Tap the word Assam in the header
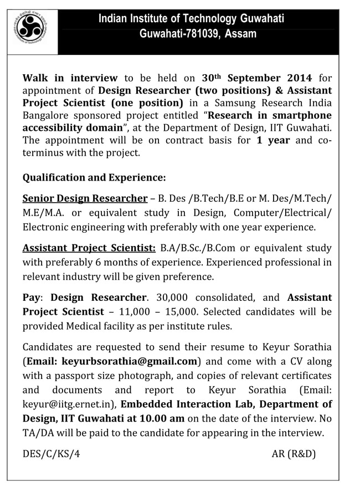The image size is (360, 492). [241, 34]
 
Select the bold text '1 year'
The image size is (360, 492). [274, 140]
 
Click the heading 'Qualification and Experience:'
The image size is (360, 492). [94, 178]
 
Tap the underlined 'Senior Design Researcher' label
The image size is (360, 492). [85, 198]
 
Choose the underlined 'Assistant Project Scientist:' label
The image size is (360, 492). [89, 248]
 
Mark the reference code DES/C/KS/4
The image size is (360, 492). [51, 453]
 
